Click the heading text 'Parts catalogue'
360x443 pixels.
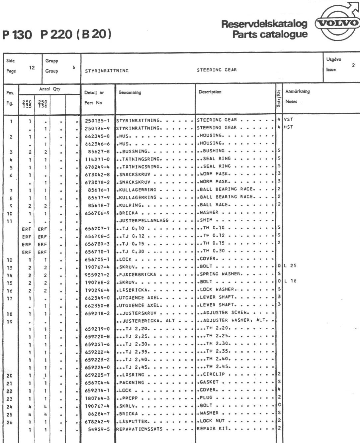click(x=270, y=34)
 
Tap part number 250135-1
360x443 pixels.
click(x=97, y=120)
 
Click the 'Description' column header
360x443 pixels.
click(x=210, y=92)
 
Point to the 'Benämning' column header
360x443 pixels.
click(x=130, y=92)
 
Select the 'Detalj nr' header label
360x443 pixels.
click(x=94, y=93)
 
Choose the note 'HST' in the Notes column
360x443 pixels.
click(x=288, y=127)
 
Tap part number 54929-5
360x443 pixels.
click(x=99, y=429)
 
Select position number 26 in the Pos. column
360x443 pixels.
click(x=9, y=423)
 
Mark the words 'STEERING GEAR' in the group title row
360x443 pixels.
click(x=217, y=70)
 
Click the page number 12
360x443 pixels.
click(x=32, y=67)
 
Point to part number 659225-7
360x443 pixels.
click(x=97, y=375)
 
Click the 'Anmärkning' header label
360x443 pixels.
click(x=297, y=91)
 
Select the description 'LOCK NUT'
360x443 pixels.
click(x=212, y=421)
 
